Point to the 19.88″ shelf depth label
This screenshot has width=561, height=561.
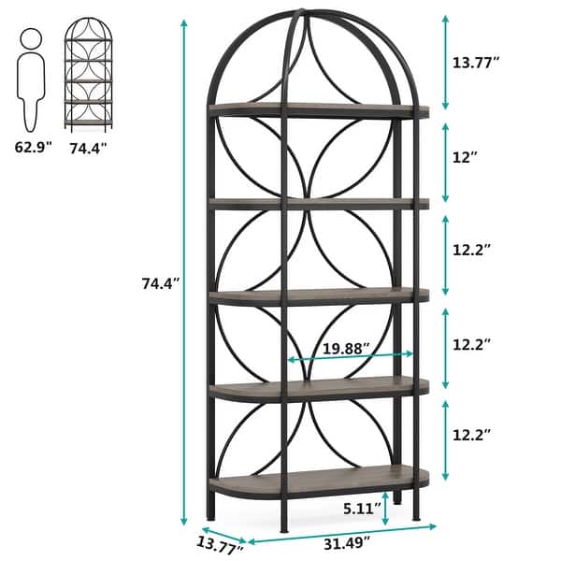coord(345,348)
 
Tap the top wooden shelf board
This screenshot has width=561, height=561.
coord(318,110)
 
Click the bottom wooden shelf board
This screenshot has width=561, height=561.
coord(318,482)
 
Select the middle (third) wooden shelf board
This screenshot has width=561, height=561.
coord(318,296)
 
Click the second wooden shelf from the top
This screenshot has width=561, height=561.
coord(318,202)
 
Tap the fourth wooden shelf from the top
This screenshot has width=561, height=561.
coord(318,387)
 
